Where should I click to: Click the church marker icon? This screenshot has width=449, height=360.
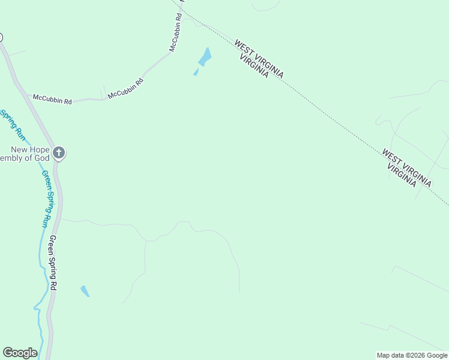click(x=58, y=152)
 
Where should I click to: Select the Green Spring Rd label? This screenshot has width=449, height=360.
click(x=53, y=263)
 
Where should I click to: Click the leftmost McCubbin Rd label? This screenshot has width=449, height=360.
click(x=52, y=99)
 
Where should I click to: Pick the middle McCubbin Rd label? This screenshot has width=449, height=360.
click(x=125, y=88)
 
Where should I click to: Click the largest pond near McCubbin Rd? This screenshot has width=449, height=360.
click(x=205, y=57)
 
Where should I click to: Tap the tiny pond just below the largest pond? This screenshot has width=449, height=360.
click(x=196, y=72)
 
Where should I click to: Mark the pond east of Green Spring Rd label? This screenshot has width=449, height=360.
click(x=85, y=291)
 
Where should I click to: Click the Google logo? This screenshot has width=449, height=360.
click(x=20, y=353)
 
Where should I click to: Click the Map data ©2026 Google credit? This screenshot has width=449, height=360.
click(x=412, y=355)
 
